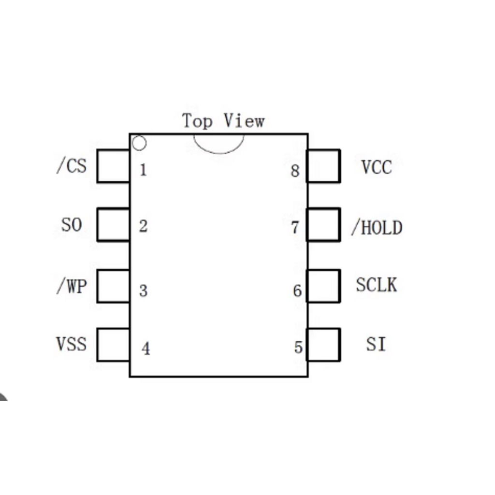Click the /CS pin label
(x=72, y=166)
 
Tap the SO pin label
(x=72, y=225)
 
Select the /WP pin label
(x=72, y=286)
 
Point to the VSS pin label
(x=72, y=344)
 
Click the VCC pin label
(x=377, y=167)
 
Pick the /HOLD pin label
(x=377, y=227)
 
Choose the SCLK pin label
(x=376, y=285)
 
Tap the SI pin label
(x=376, y=344)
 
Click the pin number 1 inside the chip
(x=143, y=170)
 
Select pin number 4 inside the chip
(x=146, y=349)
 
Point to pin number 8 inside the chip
(x=295, y=171)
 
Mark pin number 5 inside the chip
(x=298, y=347)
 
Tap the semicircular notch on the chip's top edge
(x=219, y=153)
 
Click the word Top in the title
(x=197, y=121)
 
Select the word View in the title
(x=244, y=120)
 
